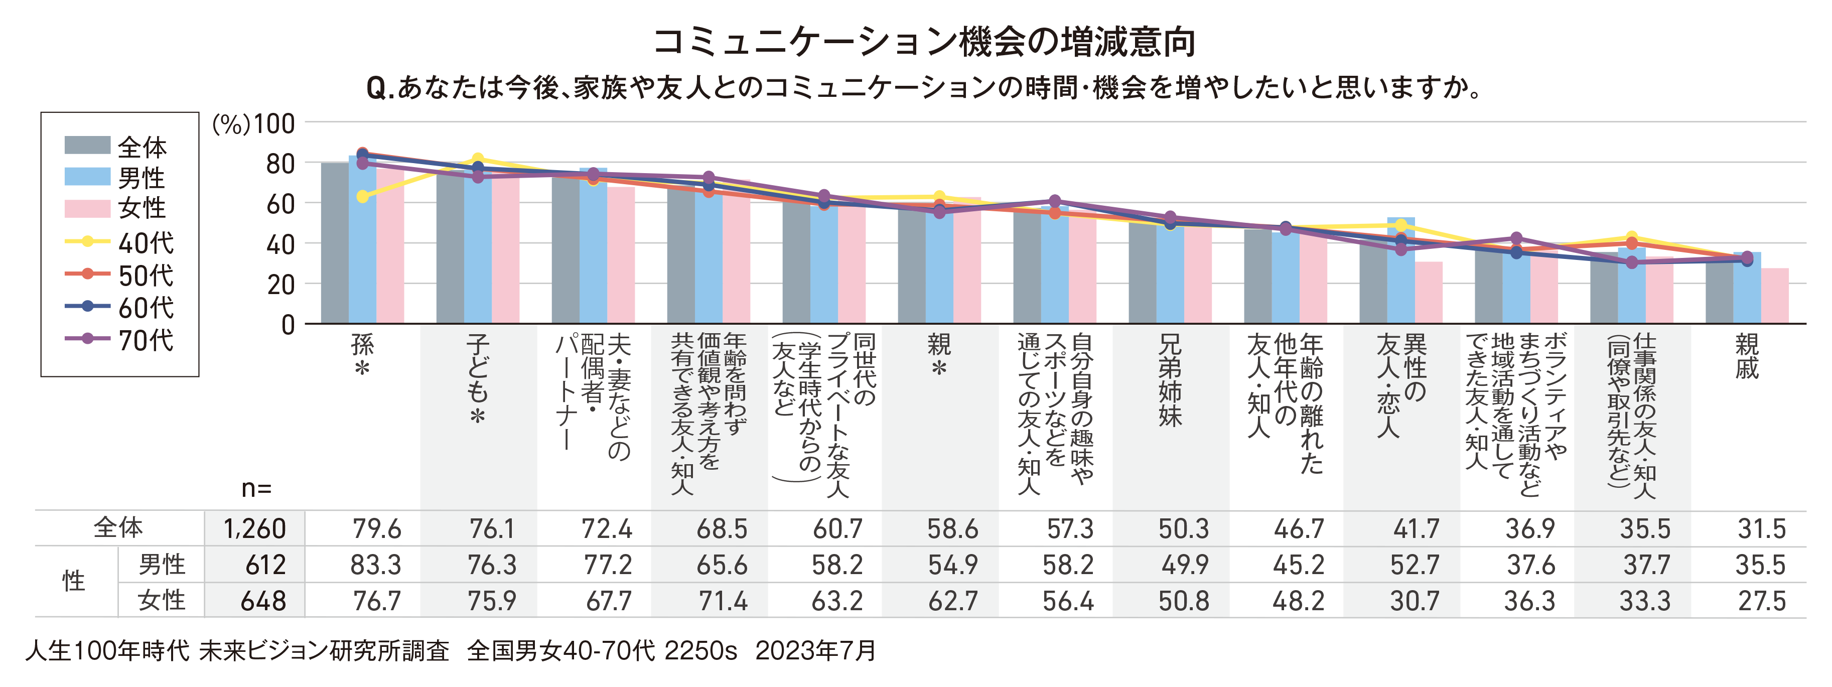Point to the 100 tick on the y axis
[274, 124]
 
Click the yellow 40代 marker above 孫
[363, 196]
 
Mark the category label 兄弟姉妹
[1170, 380]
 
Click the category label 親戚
[1747, 356]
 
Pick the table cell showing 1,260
[254, 529]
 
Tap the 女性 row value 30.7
[1415, 602]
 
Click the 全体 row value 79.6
[376, 529]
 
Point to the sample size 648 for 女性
[263, 602]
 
